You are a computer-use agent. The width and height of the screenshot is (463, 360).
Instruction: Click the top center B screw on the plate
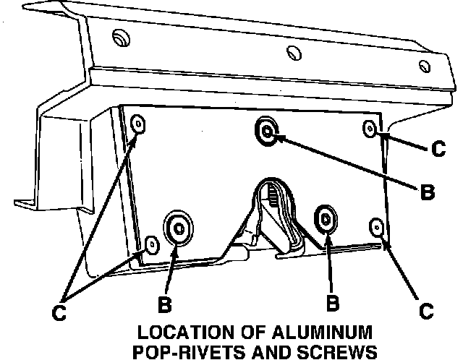pos(266,131)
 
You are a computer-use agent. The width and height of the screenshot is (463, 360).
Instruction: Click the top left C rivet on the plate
pos(139,124)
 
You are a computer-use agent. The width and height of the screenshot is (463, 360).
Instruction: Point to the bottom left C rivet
pos(152,244)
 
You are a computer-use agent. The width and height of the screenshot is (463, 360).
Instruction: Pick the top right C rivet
pos(370,128)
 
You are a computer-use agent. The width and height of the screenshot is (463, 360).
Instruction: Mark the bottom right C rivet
pos(376,227)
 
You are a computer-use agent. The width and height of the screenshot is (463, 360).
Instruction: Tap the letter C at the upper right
pos(438,149)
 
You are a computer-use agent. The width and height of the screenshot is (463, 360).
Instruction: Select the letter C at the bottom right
pos(426,312)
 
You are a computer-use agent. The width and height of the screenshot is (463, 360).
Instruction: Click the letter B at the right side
pos(427,192)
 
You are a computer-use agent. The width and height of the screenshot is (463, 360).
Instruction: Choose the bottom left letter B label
pos(165,304)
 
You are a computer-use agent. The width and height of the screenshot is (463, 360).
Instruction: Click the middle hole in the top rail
pos(293,53)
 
